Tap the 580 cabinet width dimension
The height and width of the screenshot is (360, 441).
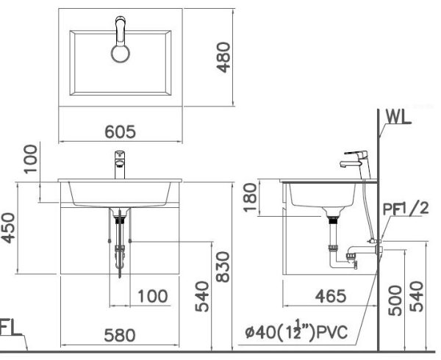(x=119, y=336)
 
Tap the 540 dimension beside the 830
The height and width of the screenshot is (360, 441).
(x=203, y=297)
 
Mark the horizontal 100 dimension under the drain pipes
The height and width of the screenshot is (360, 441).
(x=152, y=297)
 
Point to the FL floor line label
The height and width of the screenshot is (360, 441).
(x=9, y=327)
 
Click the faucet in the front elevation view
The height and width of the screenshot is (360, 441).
(x=119, y=163)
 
